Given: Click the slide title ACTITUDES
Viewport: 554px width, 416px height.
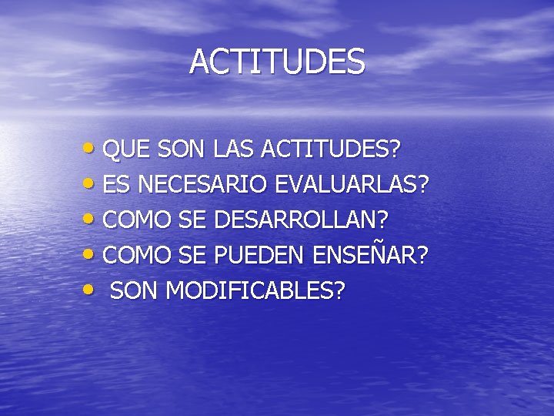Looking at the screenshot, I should point(277,62).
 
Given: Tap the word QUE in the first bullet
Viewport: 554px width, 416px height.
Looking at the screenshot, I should point(122,149).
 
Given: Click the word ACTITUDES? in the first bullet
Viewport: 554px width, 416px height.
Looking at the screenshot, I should point(332,149).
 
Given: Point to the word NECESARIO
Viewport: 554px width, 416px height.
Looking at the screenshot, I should point(200,185).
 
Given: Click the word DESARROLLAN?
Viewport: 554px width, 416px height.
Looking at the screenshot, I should point(302,220).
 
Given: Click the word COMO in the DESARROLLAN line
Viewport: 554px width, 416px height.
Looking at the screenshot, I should point(136,220).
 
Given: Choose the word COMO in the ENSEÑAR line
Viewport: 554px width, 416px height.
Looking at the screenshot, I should point(136,256).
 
